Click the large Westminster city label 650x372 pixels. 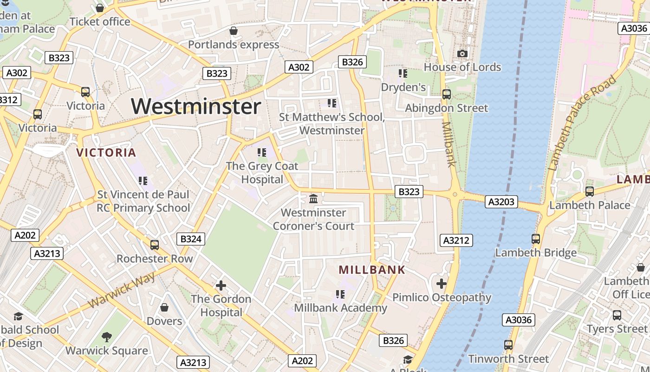196,106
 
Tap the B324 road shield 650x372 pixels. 191,239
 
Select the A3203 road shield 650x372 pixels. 501,202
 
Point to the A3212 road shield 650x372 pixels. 456,240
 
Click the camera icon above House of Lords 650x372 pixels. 462,54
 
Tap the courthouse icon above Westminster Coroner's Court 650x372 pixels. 313,199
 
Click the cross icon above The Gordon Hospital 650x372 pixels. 221,285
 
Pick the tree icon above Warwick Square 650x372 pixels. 107,337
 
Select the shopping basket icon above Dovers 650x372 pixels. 164,307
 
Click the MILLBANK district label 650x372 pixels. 372,270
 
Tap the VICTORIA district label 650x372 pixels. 106,153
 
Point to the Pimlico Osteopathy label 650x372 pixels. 442,298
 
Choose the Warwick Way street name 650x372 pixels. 121,290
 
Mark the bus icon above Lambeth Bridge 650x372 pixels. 536,239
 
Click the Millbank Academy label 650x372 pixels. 340,308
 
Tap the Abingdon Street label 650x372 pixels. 447,108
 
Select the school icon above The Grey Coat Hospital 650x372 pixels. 261,152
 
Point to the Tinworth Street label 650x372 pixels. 508,359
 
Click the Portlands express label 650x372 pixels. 234,45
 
